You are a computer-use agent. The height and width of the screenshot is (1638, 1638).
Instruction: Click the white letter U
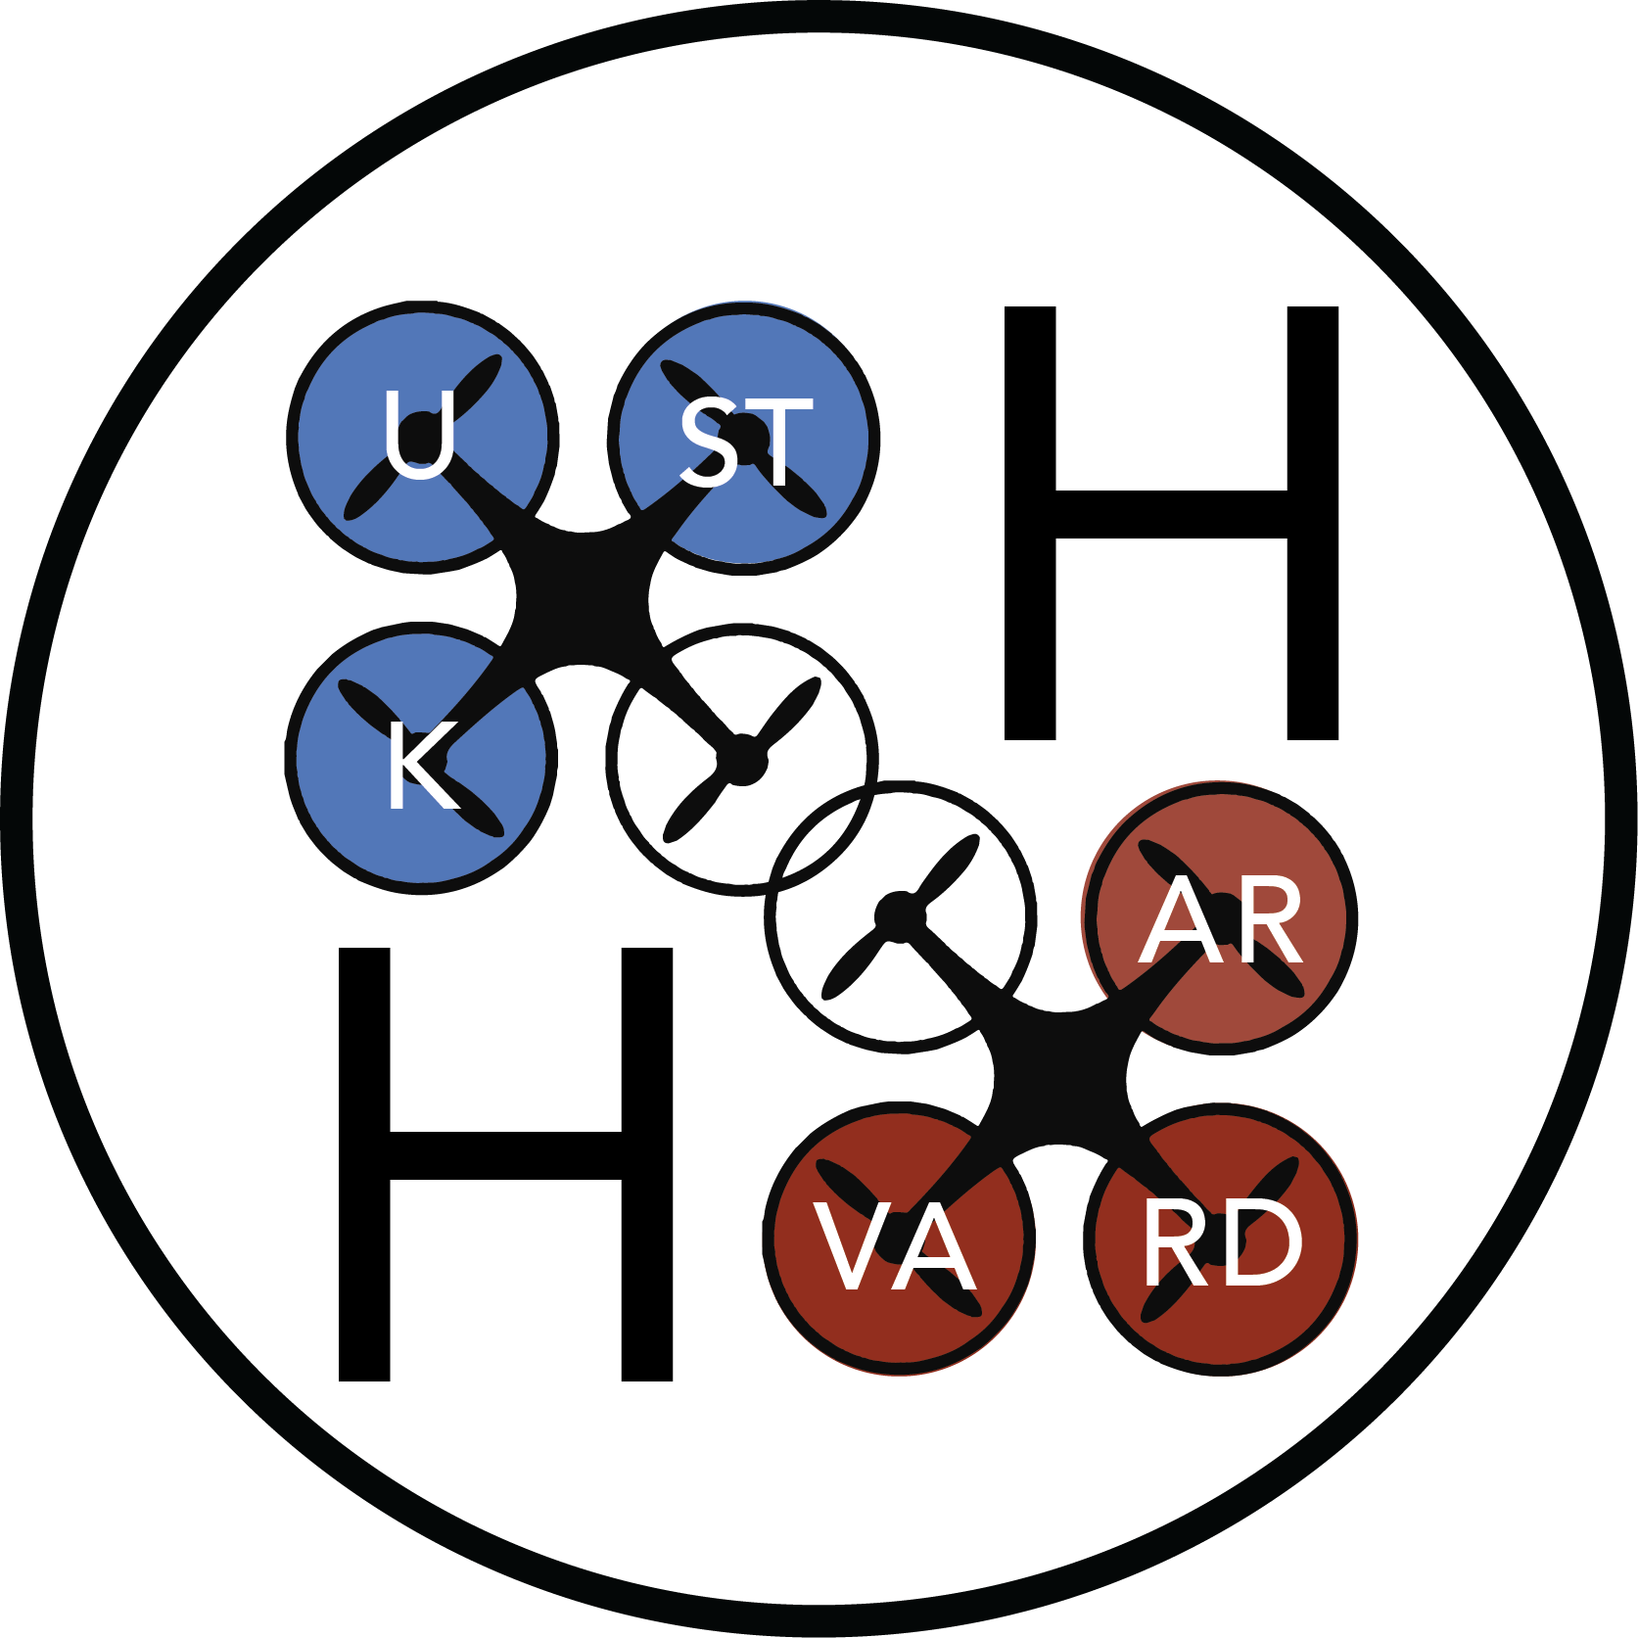(419, 434)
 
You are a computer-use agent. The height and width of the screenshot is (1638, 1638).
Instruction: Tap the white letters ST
(746, 443)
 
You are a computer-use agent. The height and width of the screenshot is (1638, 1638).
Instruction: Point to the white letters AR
(1220, 921)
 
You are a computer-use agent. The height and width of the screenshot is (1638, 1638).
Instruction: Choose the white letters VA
(895, 1246)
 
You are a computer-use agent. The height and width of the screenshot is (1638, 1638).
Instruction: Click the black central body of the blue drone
(584, 597)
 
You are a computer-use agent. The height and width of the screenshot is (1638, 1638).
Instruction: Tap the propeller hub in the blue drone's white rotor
(743, 760)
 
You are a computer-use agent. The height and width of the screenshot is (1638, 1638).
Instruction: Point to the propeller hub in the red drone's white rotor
(899, 915)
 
